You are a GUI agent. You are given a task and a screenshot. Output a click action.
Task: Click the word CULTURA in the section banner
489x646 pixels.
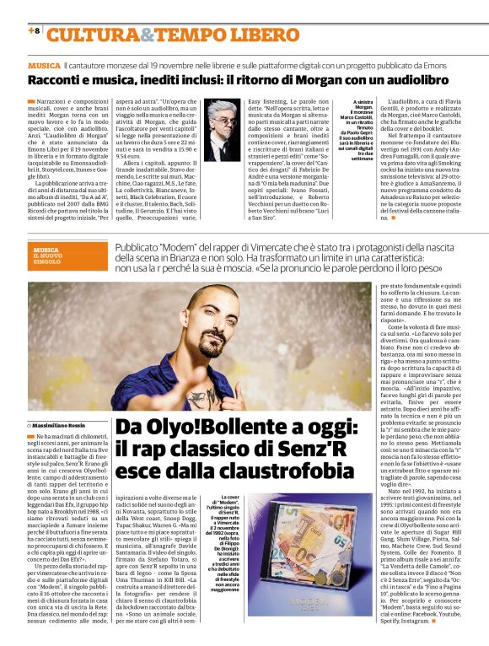click(x=93, y=35)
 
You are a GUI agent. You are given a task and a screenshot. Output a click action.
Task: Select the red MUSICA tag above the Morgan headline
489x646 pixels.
click(x=43, y=65)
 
